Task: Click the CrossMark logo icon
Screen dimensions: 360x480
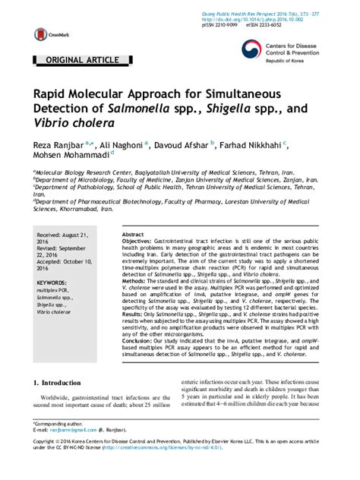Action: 38,33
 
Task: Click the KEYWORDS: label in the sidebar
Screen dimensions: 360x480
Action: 52,283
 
